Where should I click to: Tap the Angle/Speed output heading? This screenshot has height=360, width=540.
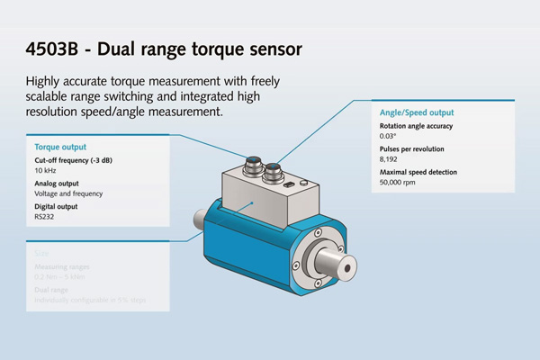[418, 112]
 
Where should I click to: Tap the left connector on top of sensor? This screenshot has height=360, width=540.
[249, 167]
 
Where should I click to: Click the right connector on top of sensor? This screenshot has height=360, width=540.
[274, 169]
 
